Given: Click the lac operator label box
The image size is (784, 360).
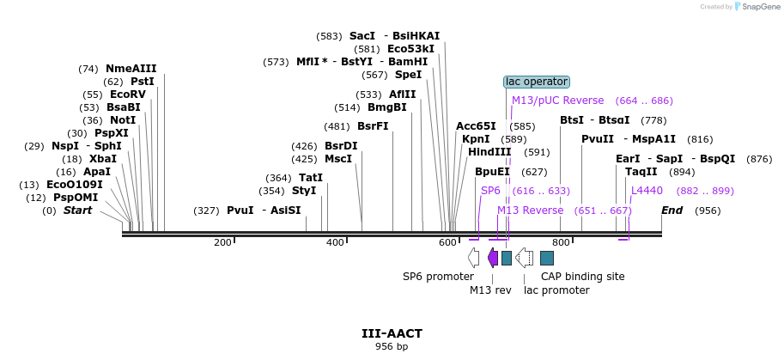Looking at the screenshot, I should [x=536, y=82].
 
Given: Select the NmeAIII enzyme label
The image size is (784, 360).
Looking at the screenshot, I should [x=131, y=69].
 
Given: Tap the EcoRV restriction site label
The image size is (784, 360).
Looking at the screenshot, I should [x=128, y=95].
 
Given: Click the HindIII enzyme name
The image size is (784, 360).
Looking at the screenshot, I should [x=489, y=152].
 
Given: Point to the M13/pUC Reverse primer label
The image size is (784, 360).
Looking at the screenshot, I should [x=558, y=101].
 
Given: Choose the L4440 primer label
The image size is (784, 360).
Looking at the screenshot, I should [x=647, y=191].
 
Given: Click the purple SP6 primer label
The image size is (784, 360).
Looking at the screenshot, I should [x=490, y=191].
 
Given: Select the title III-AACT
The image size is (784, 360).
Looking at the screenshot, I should [x=392, y=333].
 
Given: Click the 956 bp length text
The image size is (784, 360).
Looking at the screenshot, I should [x=392, y=347].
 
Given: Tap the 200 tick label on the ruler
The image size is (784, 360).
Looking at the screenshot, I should [x=222, y=243].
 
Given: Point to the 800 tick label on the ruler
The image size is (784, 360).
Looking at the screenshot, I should [x=561, y=243].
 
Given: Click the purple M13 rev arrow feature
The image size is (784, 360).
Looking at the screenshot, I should [x=493, y=258].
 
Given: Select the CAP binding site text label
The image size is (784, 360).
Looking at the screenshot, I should [x=582, y=277].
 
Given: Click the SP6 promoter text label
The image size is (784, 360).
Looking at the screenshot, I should [x=438, y=277].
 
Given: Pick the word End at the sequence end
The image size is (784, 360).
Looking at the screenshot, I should [x=672, y=211].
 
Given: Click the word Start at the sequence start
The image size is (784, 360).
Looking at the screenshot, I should [x=77, y=211].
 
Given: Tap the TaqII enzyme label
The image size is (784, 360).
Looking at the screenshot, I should [x=641, y=172].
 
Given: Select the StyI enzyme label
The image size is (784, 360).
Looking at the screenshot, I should [x=304, y=191].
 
